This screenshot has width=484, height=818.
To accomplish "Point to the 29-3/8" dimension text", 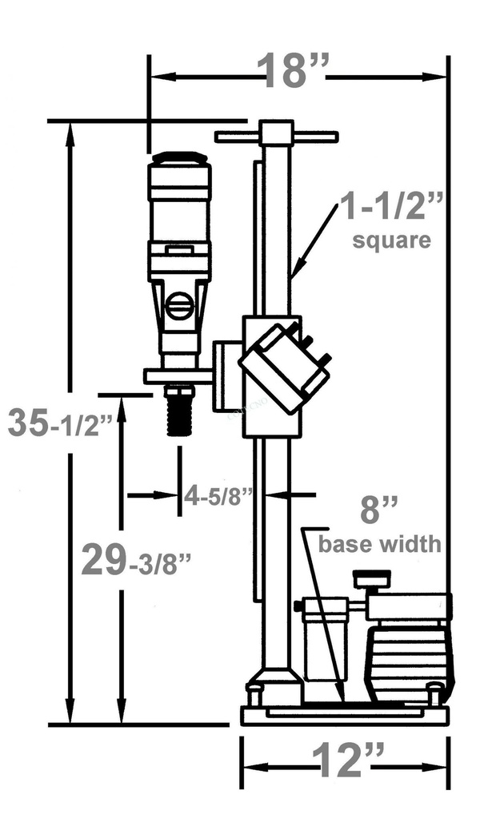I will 137,561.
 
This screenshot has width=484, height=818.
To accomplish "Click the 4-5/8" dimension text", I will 218,494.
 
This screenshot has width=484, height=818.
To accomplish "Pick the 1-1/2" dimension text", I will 392,208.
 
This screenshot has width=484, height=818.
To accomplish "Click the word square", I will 392,240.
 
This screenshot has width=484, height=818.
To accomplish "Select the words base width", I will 380,544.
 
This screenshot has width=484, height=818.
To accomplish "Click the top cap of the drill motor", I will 180,157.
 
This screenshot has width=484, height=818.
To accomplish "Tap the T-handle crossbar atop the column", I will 276,137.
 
